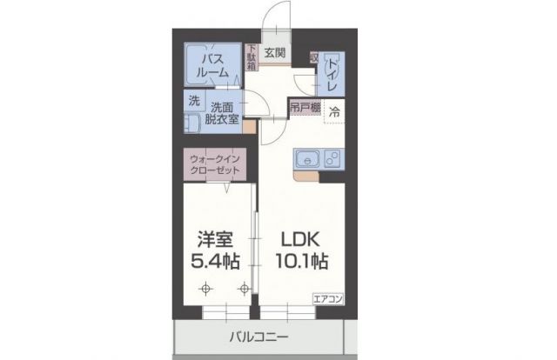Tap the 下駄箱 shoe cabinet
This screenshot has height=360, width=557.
tap(252, 57)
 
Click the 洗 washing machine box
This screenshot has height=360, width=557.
tap(194, 100)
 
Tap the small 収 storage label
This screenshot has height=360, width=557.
tap(313, 57)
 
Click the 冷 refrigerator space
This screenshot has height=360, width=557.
tap(334, 110)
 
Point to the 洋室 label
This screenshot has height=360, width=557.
tap(215, 238)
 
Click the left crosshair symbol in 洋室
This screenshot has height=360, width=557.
tap(205, 288)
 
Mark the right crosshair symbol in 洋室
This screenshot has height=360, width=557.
tap(245, 288)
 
